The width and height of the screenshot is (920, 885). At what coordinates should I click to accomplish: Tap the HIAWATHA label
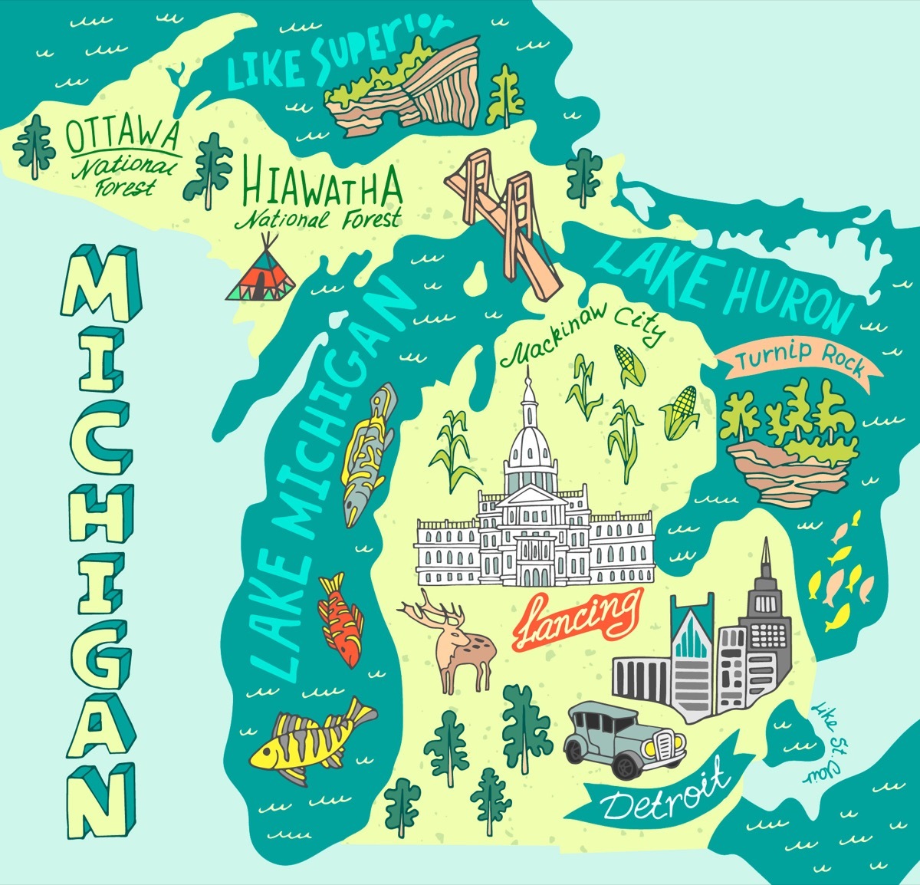click(x=322, y=186)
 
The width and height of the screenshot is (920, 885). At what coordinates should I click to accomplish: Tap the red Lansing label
click(x=577, y=618)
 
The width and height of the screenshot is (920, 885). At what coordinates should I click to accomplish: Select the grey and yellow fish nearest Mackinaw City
click(x=369, y=452)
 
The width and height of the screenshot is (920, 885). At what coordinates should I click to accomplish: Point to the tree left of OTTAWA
click(x=33, y=146)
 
